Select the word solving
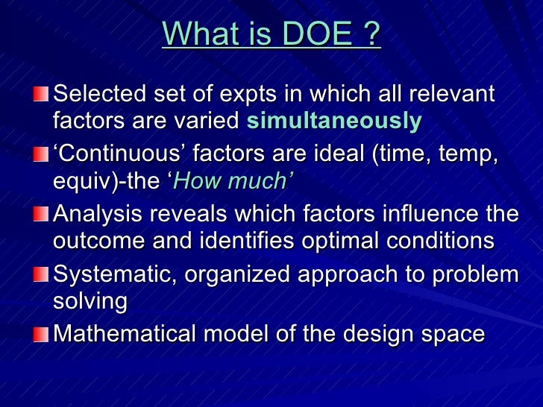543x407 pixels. pos(90,301)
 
